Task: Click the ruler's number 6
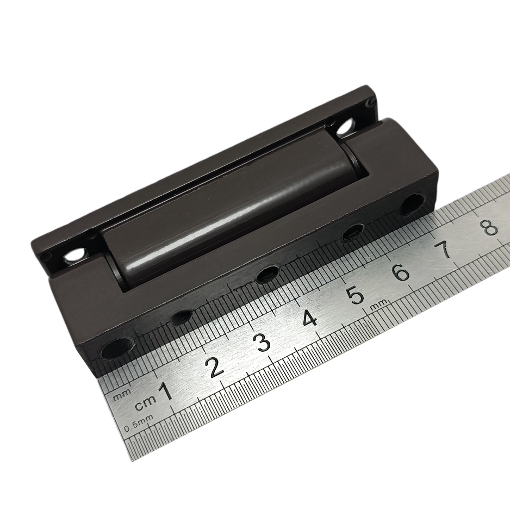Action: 401,272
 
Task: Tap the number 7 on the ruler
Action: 445,250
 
